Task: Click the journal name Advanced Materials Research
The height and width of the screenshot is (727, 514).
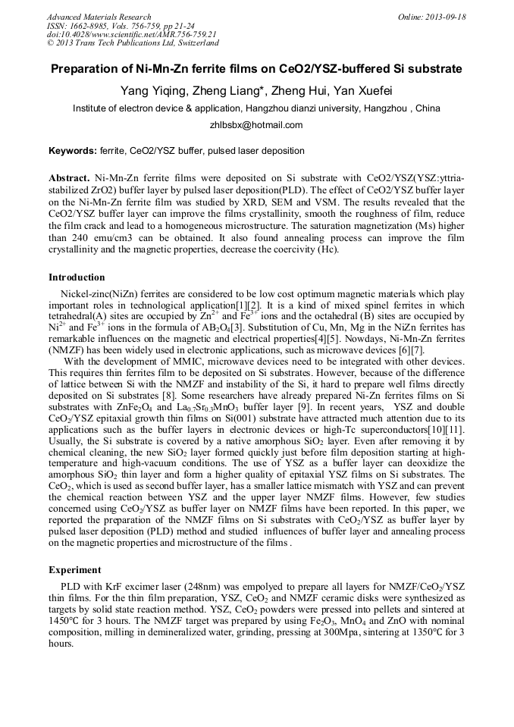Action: coord(99,17)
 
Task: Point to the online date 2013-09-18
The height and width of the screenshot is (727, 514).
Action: coord(445,17)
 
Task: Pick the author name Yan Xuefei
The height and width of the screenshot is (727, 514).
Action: coord(362,92)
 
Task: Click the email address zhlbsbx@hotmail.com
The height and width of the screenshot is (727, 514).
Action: coord(256,125)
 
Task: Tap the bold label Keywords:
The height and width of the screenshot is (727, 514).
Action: coord(73,151)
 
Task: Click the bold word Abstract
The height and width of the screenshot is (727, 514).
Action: coord(69,177)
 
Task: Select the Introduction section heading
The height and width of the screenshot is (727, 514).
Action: coord(77,277)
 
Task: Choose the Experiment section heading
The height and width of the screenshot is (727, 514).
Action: coord(74,569)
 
